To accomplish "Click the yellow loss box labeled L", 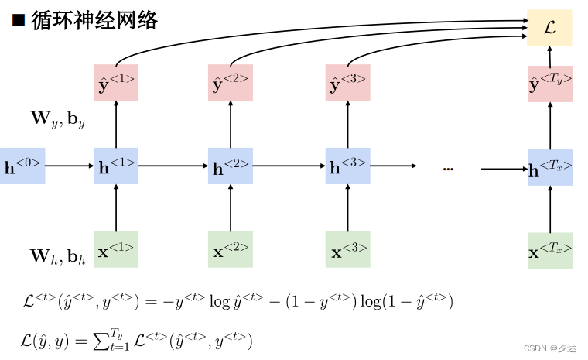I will point(549,28).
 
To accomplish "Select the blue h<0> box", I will point(22,166).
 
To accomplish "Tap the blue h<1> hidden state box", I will point(116,166).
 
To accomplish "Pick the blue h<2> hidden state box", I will point(231,166).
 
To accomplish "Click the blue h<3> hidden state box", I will point(347,166).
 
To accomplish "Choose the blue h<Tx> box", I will point(550,167).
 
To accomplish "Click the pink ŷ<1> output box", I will point(116,83).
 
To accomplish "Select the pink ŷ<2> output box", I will point(231,83).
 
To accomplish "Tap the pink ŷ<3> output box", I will point(347,83).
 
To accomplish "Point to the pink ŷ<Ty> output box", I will point(550,84).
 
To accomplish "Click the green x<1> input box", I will point(116,249).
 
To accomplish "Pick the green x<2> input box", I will point(231,249).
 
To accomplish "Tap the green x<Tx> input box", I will point(550,251).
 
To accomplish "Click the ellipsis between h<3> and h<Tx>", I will point(448,168).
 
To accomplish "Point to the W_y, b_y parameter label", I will point(57,118).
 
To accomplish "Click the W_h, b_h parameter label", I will point(57,255).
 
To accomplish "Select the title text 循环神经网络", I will point(94,20).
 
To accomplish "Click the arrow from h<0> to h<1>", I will point(70,166).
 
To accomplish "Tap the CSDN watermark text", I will point(550,348).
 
